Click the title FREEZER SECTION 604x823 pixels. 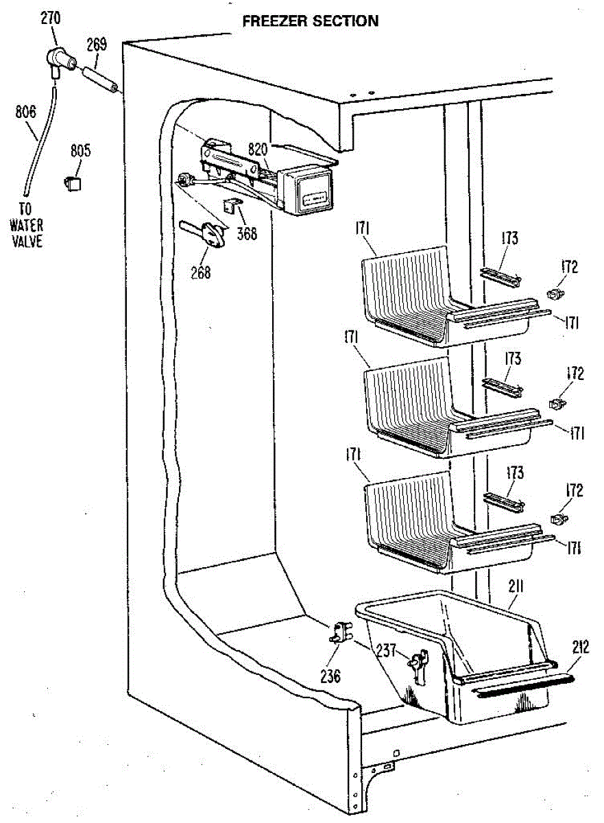(x=310, y=21)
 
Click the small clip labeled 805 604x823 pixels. (x=73, y=183)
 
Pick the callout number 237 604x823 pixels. (x=388, y=649)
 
